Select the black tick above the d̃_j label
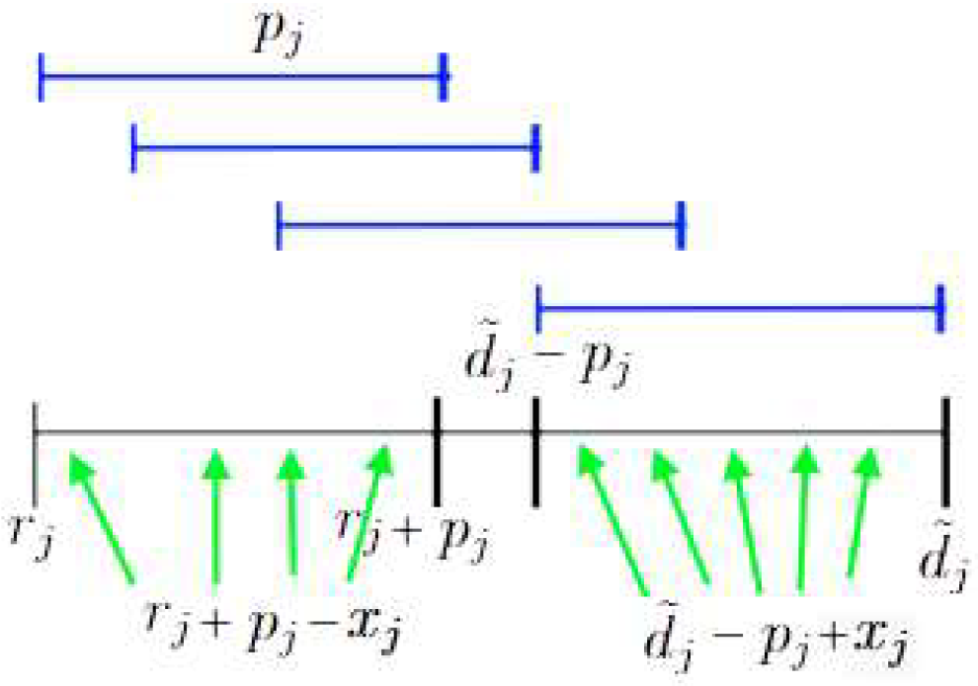click(945, 449)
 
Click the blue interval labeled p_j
click(242, 76)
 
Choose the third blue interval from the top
click(481, 224)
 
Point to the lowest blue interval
click(739, 309)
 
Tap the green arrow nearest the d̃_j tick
click(862, 513)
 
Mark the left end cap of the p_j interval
click(41, 76)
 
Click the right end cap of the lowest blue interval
click(940, 309)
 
